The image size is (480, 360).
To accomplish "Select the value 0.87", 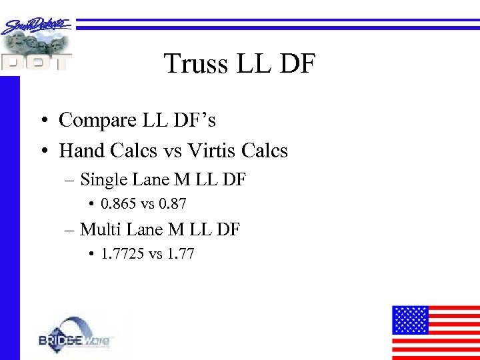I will point(173,203).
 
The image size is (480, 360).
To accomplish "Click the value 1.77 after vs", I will point(181,254).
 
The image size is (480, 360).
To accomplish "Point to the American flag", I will point(435,332).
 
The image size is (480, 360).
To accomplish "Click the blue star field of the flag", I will point(410,320).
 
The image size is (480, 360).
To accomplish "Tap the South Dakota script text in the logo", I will point(37,25).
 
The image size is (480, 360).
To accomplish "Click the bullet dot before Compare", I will point(42,121).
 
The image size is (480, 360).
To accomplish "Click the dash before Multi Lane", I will point(71,231).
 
